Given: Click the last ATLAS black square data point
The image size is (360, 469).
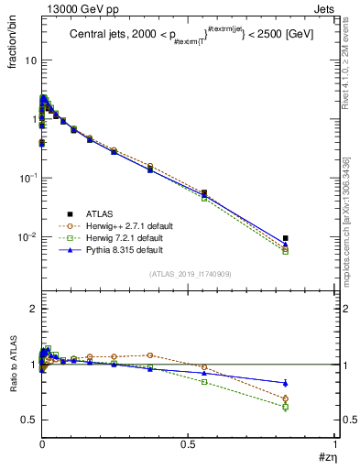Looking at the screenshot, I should coord(286,238).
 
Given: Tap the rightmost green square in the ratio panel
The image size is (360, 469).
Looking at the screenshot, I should coord(286,407).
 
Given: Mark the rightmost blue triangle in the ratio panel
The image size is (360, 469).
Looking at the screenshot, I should coord(286,383).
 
